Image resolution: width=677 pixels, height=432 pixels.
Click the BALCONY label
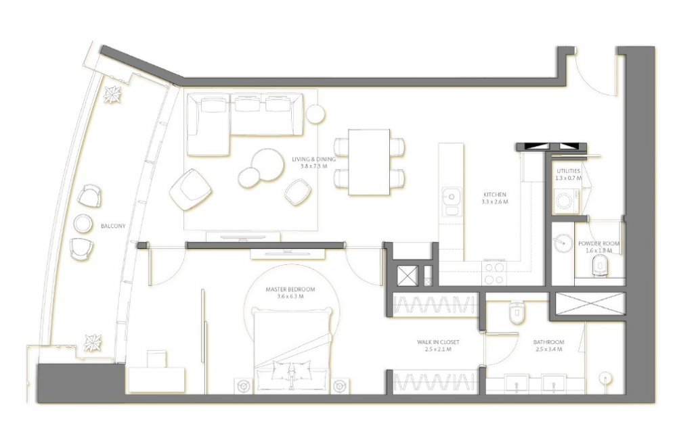[x=112, y=226]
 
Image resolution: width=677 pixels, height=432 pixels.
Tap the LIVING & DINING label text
[x=313, y=159]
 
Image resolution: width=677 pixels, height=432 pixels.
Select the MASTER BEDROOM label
[x=290, y=289]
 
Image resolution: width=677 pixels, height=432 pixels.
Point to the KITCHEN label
[x=495, y=195]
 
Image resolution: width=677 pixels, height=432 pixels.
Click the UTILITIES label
[x=568, y=171]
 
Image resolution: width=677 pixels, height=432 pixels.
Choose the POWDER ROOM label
[x=599, y=243]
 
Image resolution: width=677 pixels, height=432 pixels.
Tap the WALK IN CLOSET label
[x=438, y=342]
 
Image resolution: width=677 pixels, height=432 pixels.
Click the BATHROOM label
[x=548, y=342]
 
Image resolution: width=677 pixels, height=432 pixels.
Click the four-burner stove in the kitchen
[x=494, y=273]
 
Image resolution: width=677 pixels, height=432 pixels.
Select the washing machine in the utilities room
[x=567, y=201]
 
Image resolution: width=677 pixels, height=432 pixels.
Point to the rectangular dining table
[x=369, y=162]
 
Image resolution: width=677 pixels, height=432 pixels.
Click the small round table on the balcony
[x=83, y=223]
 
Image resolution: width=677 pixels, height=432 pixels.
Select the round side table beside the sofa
[x=315, y=114]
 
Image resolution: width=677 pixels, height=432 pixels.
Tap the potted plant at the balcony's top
[x=114, y=95]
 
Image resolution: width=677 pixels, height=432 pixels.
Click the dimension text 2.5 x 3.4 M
[x=548, y=350]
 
